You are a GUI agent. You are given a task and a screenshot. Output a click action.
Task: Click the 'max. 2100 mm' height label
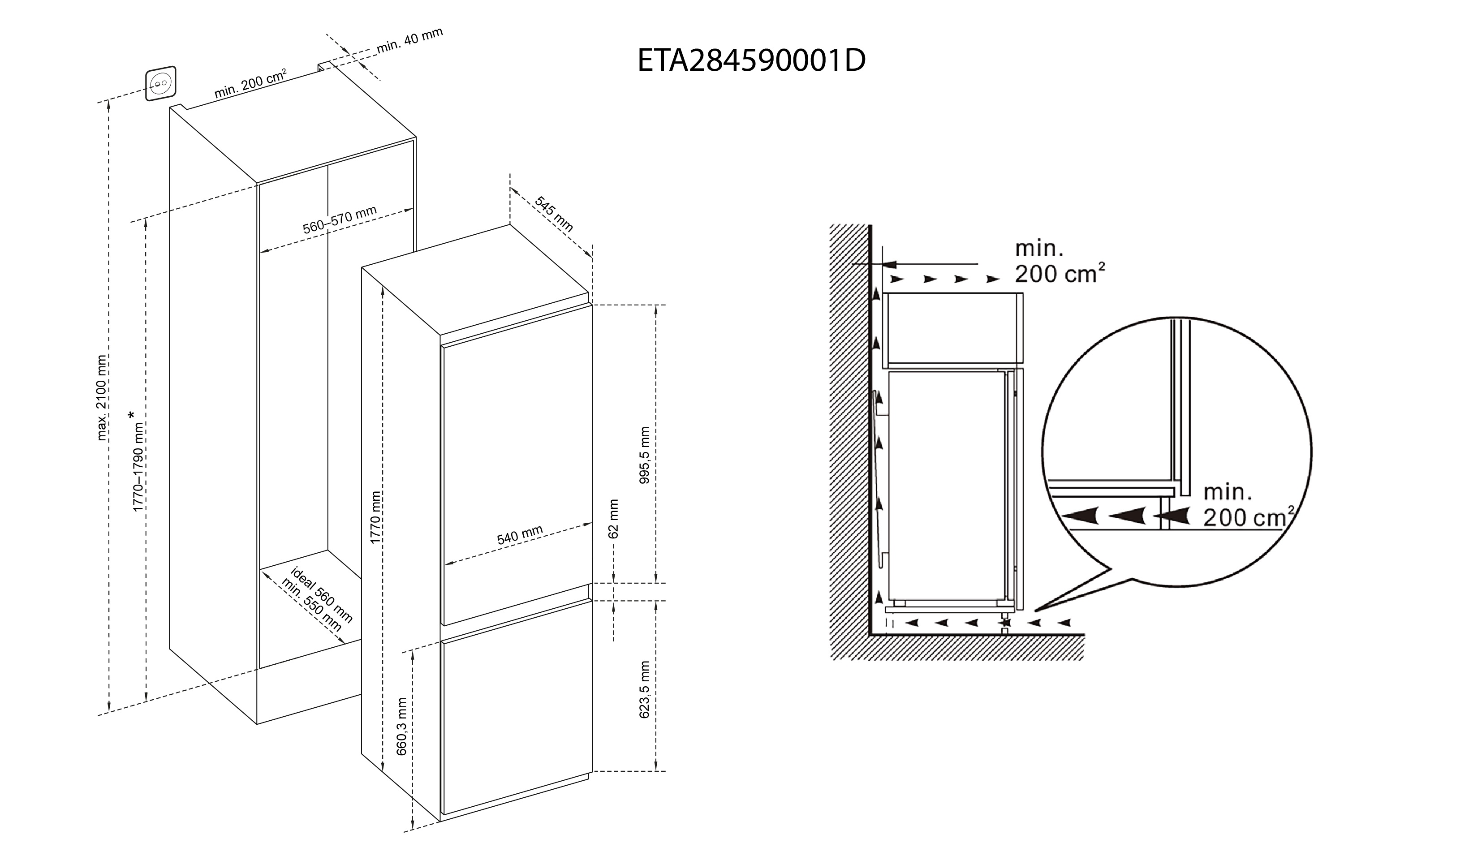(x=102, y=397)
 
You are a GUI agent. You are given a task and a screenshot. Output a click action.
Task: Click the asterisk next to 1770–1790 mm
(x=131, y=415)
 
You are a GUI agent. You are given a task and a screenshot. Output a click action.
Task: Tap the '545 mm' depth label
(x=553, y=213)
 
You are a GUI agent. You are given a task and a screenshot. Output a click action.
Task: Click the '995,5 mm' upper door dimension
(x=644, y=455)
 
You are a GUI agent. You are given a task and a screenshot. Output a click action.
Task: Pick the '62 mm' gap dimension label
(x=613, y=519)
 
